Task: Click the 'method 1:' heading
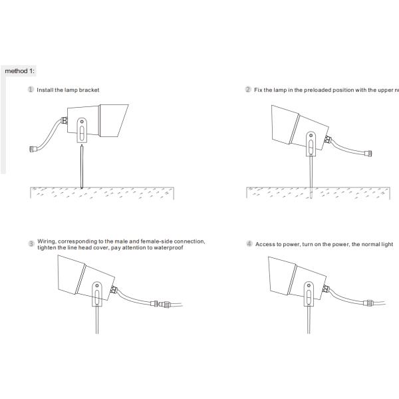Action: coord(19,71)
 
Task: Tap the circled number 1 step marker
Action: coord(31,89)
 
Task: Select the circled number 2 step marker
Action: coord(248,89)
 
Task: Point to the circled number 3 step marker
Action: coord(31,243)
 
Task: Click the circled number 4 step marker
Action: coord(249,243)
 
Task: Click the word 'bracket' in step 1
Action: coord(89,90)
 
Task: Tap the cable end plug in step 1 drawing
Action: coord(33,148)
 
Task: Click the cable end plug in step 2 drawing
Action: coord(368,154)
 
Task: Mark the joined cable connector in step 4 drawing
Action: coord(369,303)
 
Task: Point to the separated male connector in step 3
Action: coord(164,304)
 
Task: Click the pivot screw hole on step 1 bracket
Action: coord(82,122)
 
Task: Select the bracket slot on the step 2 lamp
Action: coord(311,147)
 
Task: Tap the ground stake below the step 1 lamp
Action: coord(82,166)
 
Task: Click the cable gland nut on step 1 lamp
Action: coord(65,120)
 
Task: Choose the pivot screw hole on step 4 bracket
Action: coord(309,285)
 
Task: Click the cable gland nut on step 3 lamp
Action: coord(114,289)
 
